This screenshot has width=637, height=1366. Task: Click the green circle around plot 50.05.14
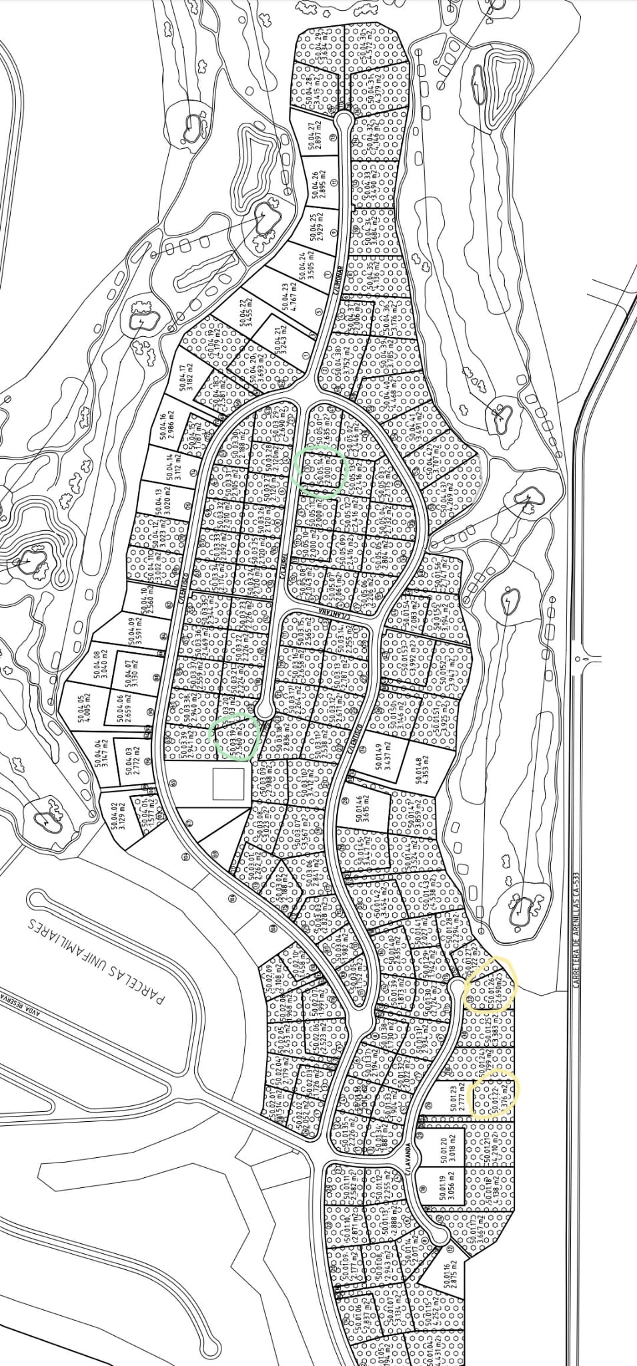(x=320, y=472)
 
